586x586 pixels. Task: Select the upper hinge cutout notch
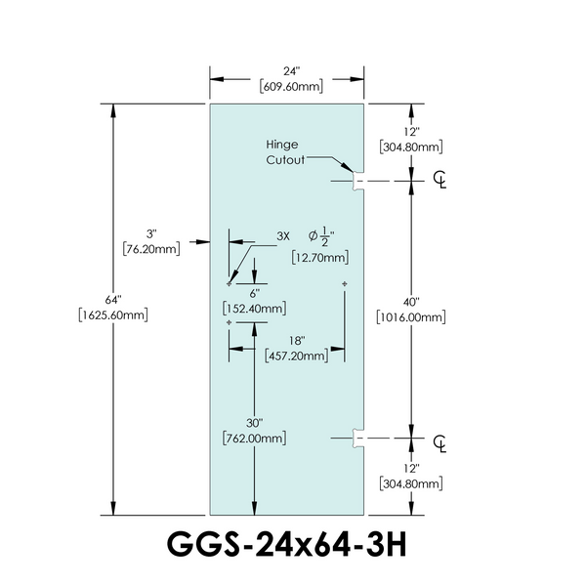357,181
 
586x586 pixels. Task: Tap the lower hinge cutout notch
357,439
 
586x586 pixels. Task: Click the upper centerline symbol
440,181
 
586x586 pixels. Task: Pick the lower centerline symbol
440,440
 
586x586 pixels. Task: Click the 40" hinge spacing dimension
410,302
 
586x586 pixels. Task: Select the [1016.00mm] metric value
410,317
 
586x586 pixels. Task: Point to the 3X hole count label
284,236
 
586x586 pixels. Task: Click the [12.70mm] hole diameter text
320,258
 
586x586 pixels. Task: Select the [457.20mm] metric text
296,356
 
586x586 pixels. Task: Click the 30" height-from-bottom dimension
254,423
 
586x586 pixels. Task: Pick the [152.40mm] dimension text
254,308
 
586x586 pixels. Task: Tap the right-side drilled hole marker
346,284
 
